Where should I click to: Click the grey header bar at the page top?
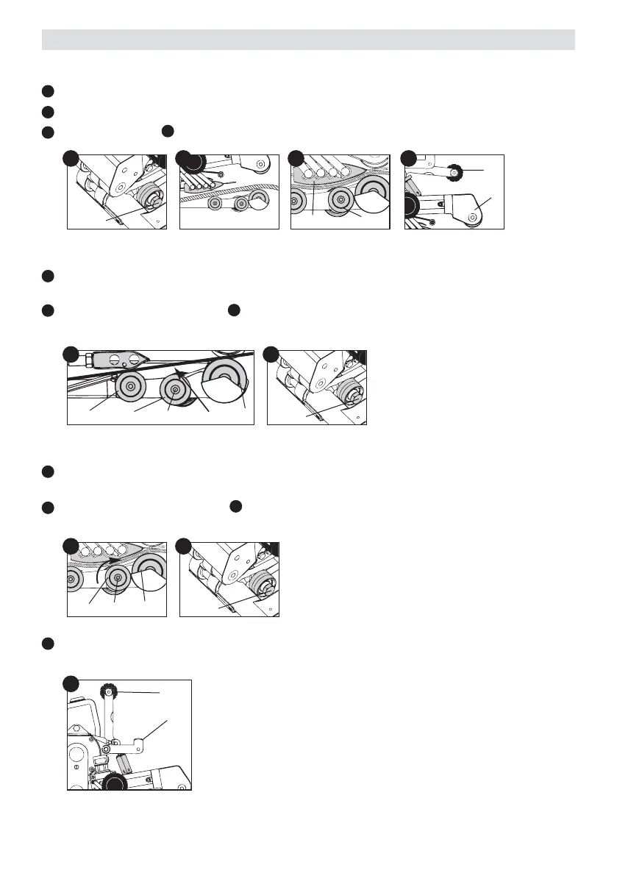point(308,39)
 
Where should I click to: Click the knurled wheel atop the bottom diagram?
point(107,692)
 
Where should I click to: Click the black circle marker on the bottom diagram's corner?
point(71,683)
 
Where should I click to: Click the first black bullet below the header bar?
point(47,91)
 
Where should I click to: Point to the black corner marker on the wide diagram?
point(71,354)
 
